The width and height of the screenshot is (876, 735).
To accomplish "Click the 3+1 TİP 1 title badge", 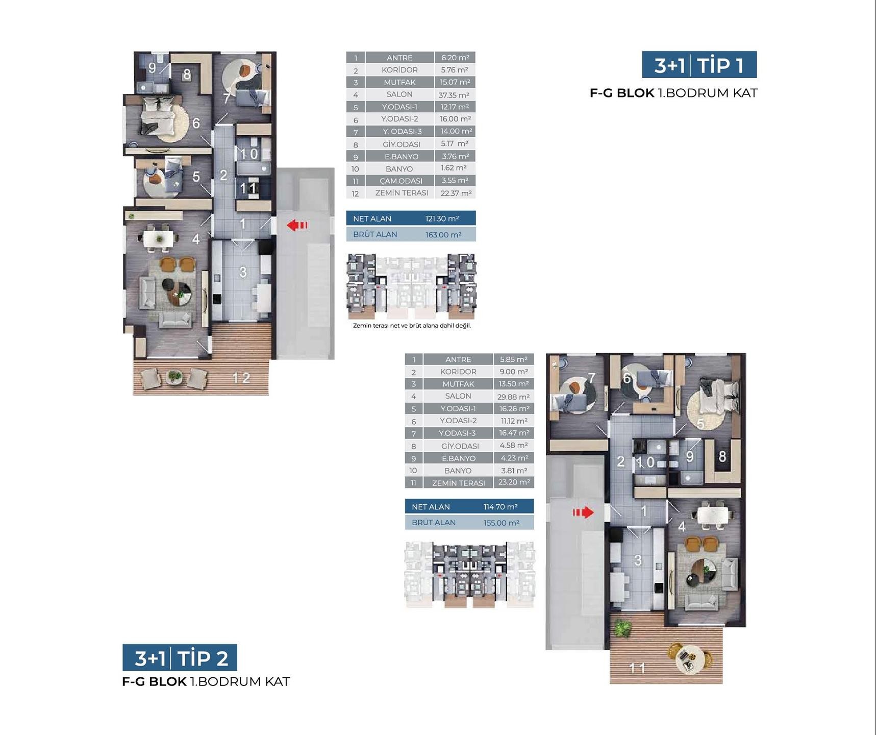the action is click(699, 65).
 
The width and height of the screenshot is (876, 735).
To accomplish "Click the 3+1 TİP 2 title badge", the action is click(180, 657).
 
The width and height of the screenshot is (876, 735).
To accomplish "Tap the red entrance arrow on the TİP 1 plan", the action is click(297, 225).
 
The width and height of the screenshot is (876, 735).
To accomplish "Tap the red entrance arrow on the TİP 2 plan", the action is click(583, 512).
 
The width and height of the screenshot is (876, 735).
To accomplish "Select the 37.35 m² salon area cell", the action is click(455, 95).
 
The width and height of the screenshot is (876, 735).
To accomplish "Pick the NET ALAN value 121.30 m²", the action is click(442, 218).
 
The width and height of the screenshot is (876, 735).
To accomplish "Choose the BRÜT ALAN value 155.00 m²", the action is click(502, 523).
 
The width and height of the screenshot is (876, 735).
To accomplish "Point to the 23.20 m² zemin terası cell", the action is click(514, 482).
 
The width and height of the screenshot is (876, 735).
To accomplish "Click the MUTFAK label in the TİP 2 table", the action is click(458, 384).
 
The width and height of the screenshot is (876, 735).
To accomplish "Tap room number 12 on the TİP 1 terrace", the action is click(241, 378).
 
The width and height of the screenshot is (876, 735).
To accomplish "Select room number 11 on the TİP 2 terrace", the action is click(637, 668).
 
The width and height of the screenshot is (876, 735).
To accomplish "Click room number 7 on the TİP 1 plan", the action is click(227, 98).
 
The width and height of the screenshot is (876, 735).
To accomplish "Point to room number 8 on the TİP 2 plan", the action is click(722, 456).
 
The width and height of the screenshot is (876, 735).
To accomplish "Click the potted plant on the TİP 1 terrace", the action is click(174, 377).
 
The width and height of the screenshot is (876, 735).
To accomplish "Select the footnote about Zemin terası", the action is click(412, 326).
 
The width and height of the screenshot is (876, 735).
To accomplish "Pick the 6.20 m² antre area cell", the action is click(455, 58).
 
